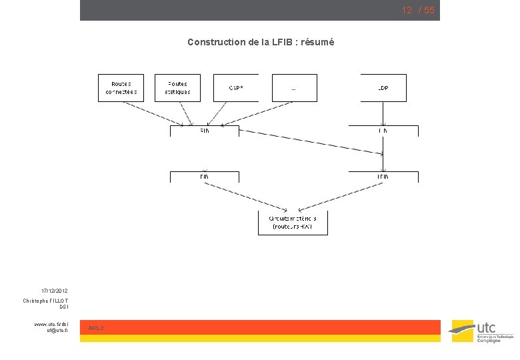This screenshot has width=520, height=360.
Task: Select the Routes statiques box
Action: click(x=177, y=87)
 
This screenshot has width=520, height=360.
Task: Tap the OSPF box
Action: click(x=236, y=87)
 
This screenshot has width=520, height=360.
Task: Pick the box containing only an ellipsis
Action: click(x=294, y=87)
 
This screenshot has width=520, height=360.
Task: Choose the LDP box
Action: click(x=383, y=87)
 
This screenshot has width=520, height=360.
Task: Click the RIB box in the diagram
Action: click(x=204, y=131)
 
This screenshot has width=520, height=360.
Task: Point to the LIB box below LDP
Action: click(x=383, y=131)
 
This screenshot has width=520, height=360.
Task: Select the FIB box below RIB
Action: click(x=204, y=177)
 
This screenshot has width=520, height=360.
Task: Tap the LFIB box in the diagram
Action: click(x=383, y=177)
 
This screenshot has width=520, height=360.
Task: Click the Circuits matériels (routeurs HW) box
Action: click(x=293, y=223)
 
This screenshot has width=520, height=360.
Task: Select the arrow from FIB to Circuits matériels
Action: click(x=247, y=195)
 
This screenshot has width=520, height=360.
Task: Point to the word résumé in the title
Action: click(x=319, y=42)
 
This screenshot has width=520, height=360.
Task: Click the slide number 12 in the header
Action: click(x=406, y=10)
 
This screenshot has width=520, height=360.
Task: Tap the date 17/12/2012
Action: click(x=54, y=291)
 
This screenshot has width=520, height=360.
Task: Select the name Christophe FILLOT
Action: click(x=45, y=301)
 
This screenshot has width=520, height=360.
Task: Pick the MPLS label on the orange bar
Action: click(x=96, y=327)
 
